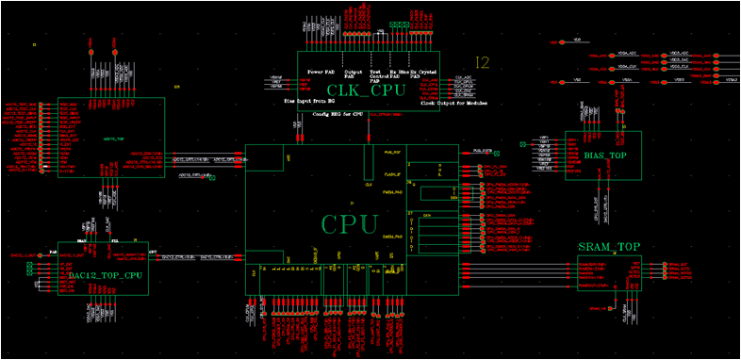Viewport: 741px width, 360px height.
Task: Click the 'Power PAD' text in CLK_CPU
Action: (x=320, y=73)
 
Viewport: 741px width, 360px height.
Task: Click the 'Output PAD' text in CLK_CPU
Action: (x=354, y=74)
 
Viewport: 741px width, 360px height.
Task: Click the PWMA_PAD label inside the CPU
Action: (x=394, y=193)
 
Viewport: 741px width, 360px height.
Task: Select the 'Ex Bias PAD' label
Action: (x=401, y=75)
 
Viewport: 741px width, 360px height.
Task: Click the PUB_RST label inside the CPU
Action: (x=394, y=151)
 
